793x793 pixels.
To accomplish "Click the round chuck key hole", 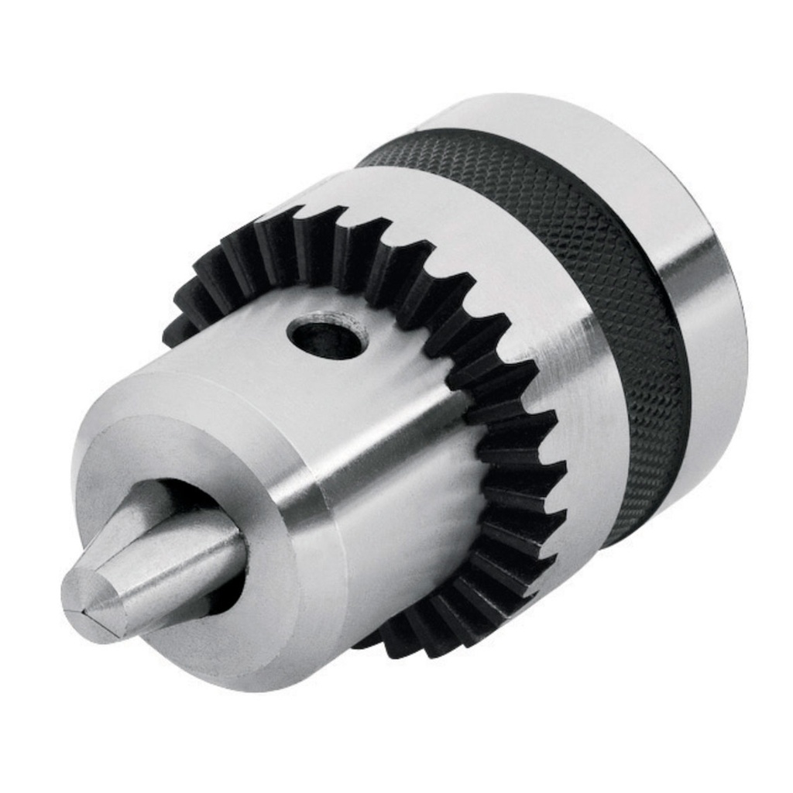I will [327, 335].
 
